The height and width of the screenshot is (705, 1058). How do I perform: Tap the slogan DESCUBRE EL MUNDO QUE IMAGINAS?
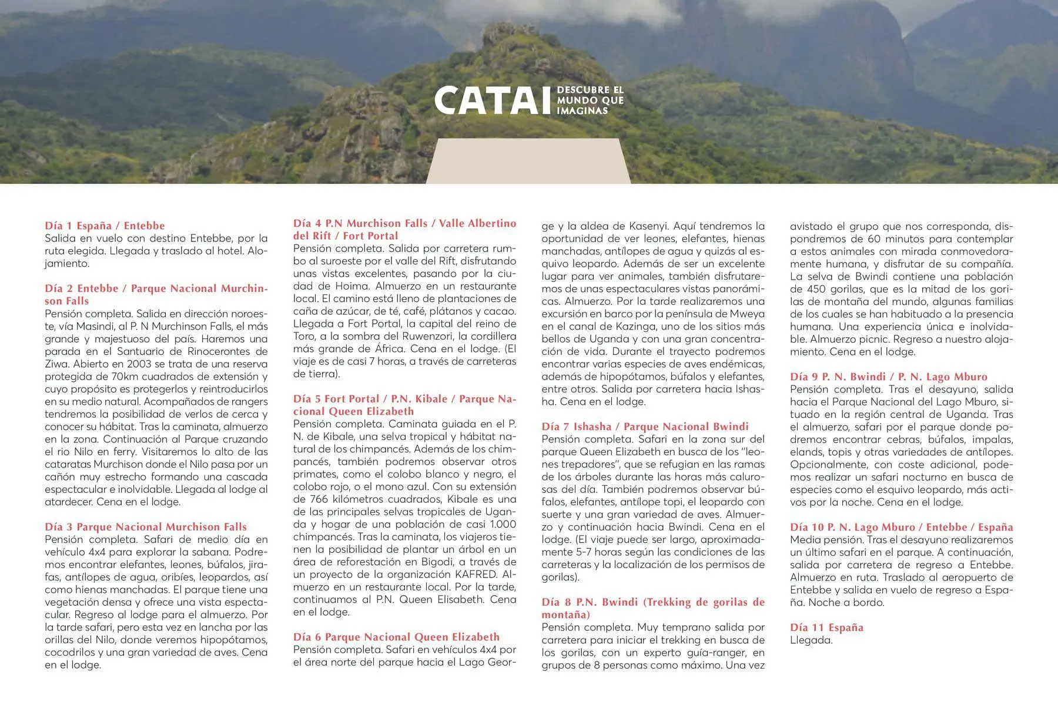coord(590,100)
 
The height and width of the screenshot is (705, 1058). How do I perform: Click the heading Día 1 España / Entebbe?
coord(105,226)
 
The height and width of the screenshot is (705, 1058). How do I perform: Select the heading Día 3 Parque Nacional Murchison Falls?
coord(146,527)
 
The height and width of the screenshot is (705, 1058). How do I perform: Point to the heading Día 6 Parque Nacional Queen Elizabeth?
coord(396,637)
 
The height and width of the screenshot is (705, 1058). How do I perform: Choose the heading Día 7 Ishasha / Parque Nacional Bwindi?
coord(645,427)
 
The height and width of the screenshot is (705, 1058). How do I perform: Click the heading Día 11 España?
coord(826,627)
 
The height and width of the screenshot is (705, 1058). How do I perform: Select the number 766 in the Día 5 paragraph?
coord(322,499)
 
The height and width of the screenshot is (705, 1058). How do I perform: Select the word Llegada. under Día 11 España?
coord(811,640)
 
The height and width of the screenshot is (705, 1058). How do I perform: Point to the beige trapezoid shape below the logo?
coord(528,162)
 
